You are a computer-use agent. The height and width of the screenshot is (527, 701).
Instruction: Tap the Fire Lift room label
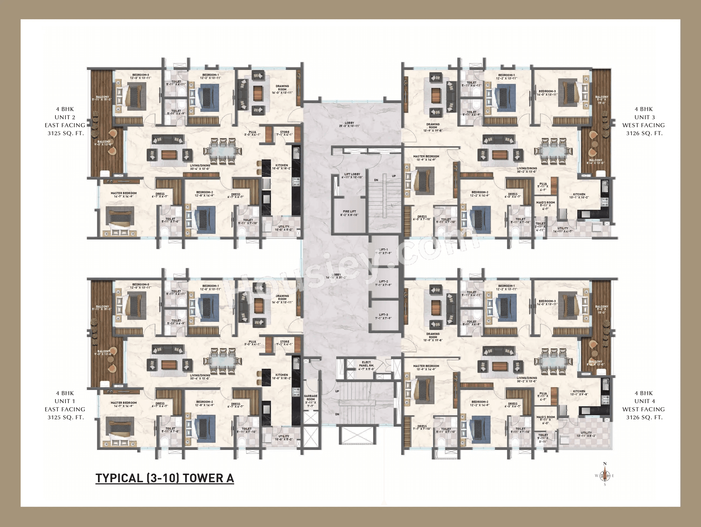point(349,213)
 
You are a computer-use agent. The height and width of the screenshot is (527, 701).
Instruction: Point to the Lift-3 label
point(384,316)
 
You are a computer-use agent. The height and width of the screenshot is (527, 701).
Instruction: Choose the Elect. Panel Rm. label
point(367,365)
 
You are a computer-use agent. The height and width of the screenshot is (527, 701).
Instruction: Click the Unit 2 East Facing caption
point(65,121)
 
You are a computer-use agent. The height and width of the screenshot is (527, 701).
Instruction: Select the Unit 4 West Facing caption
point(643,405)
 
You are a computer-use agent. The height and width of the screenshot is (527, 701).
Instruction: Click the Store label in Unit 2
point(285,133)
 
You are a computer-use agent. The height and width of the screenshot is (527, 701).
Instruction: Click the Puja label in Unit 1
point(252,343)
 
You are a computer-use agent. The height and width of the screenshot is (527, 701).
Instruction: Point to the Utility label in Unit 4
point(586,434)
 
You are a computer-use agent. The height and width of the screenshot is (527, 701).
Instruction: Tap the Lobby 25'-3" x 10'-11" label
point(349,124)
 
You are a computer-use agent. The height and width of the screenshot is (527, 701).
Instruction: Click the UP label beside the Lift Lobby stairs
point(394,176)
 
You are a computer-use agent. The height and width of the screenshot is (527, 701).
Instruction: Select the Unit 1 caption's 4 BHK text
point(65,393)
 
